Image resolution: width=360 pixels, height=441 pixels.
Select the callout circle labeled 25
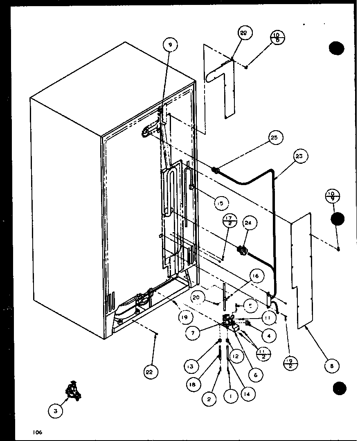coord(276,138)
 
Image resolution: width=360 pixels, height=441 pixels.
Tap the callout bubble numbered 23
coord(301,156)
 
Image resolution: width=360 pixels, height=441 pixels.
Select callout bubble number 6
coord(255,374)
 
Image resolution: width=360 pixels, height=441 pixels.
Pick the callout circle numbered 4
coord(268,336)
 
